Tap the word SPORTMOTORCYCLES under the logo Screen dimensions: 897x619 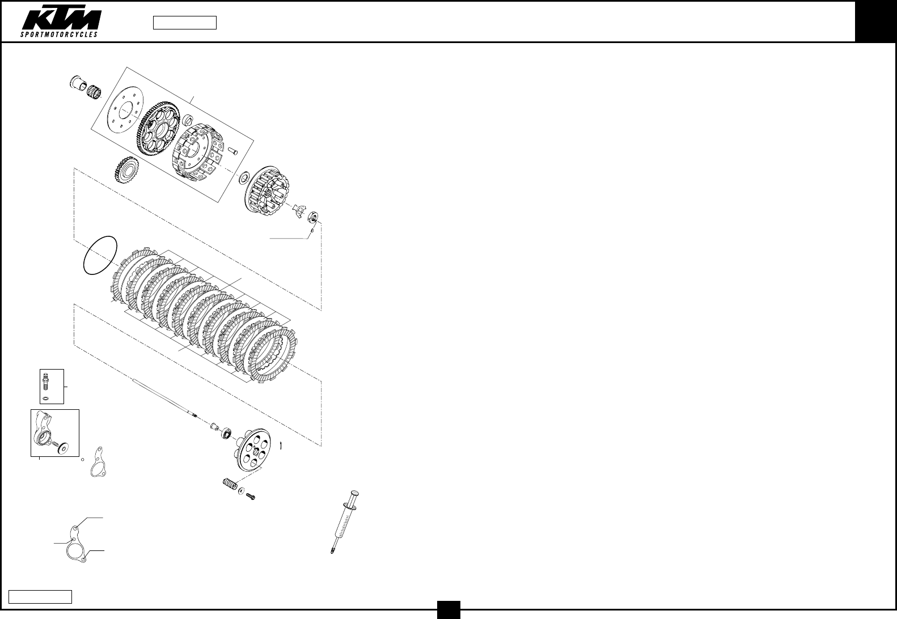coord(60,35)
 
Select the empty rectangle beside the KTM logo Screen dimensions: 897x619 coord(185,23)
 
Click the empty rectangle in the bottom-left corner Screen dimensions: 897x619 coord(40,596)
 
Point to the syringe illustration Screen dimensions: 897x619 coord(345,522)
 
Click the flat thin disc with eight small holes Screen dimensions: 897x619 coord(126,109)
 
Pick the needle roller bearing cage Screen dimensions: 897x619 coord(94,91)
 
